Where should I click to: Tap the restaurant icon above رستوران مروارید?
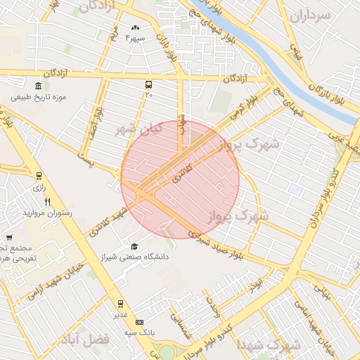pyautogui.click(x=48, y=202)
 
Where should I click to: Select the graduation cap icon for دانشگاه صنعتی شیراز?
pyautogui.click(x=134, y=247)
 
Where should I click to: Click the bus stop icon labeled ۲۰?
pyautogui.click(x=148, y=83)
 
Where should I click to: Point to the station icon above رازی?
pyautogui.click(x=38, y=176)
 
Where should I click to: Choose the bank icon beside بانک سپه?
pyautogui.click(x=139, y=321)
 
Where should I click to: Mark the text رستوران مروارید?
pyautogui.click(x=49, y=212)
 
